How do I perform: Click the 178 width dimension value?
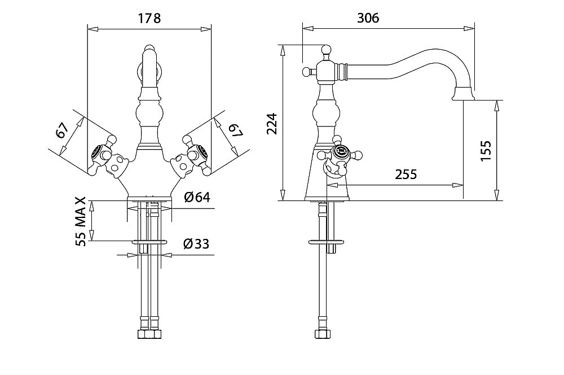(x=149, y=18)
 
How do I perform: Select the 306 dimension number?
(x=368, y=18)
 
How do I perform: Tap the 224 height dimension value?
(x=271, y=124)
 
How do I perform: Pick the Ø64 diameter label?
(x=197, y=198)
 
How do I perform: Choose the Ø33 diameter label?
(x=196, y=244)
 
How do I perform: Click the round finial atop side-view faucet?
(x=324, y=50)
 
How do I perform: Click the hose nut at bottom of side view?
(x=322, y=334)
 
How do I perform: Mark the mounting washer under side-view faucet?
(x=327, y=243)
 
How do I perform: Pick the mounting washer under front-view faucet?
(x=149, y=242)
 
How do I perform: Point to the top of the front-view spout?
(x=148, y=49)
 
